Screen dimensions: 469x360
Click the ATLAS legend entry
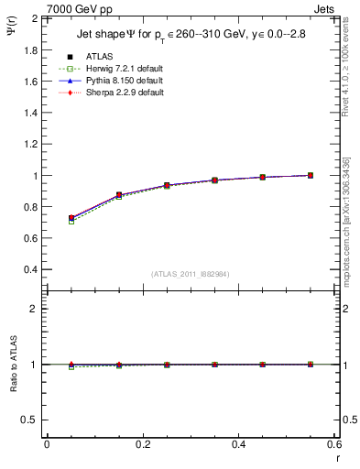tap(99, 57)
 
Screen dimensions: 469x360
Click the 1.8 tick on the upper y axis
tap(30, 49)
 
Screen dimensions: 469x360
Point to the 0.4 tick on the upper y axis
tap(30, 269)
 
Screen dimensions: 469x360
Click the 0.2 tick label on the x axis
tap(142, 443)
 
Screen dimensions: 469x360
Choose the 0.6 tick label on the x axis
tap(333, 443)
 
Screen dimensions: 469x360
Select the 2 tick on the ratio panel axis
tap(36, 309)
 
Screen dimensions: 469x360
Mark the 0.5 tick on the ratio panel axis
tap(30, 420)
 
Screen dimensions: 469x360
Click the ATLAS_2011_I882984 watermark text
tap(190, 274)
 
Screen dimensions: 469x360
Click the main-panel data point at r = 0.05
tap(71, 218)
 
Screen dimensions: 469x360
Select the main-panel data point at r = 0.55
tap(311, 175)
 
